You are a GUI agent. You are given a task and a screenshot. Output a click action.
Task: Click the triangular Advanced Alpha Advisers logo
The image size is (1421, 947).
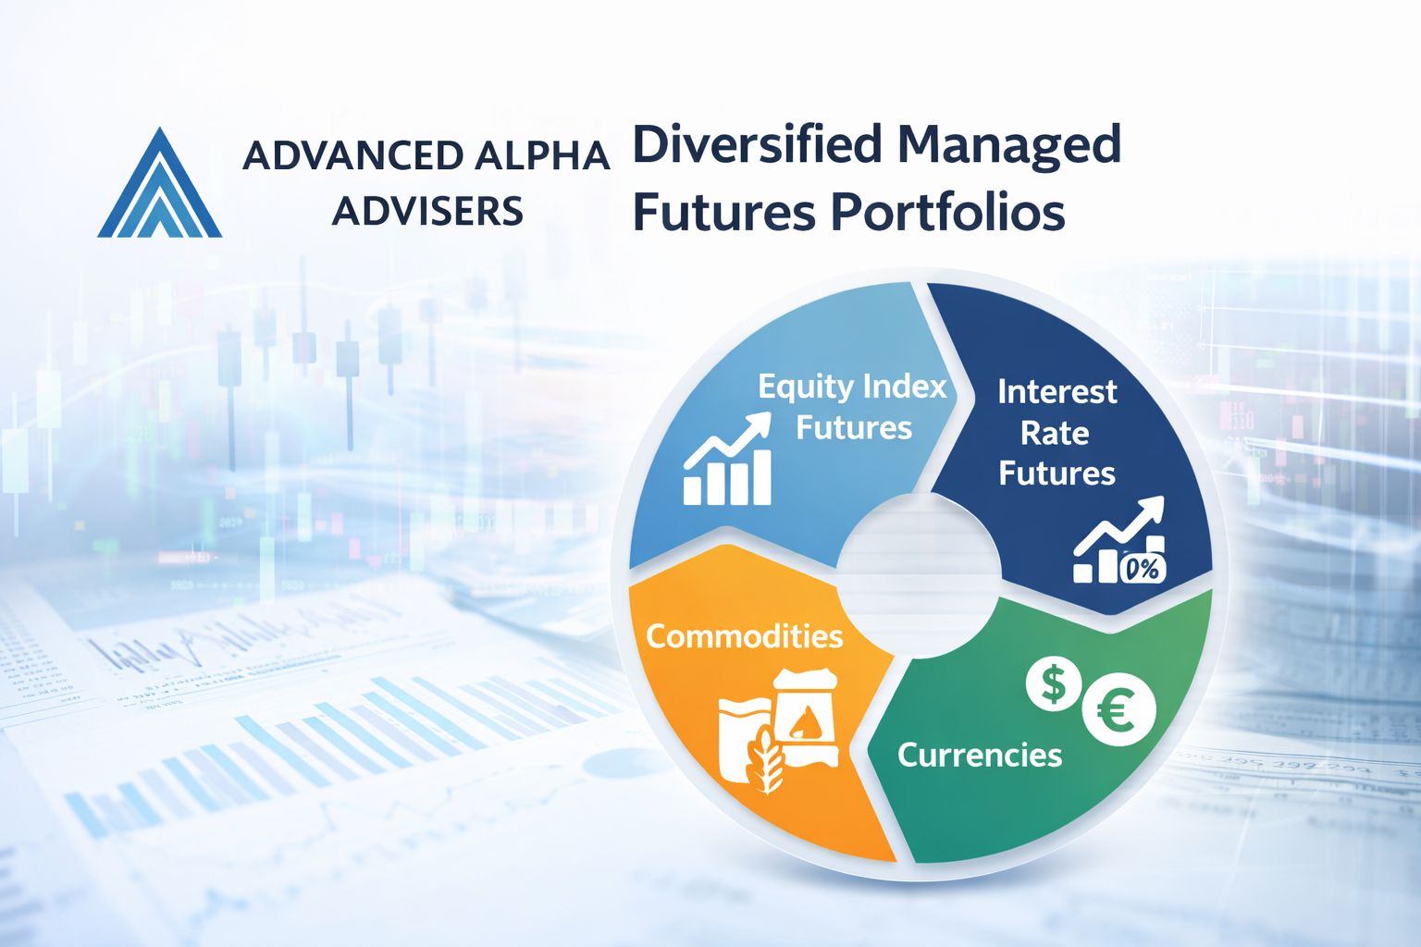click(x=159, y=183)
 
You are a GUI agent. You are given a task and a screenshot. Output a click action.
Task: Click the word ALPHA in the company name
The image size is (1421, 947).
click(x=542, y=156)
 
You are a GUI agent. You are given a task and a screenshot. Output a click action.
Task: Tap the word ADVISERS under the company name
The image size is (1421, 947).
click(x=427, y=211)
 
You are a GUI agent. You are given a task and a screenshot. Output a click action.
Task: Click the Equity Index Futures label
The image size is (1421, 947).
click(x=853, y=407)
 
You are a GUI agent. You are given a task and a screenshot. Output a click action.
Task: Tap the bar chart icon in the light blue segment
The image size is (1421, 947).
click(x=728, y=460)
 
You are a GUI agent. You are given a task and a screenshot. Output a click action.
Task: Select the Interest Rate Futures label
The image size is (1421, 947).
click(x=1056, y=433)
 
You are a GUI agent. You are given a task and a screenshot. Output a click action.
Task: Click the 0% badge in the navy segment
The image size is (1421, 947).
click(x=1143, y=569)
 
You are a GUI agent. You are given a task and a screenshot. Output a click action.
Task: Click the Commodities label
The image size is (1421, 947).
click(x=745, y=636)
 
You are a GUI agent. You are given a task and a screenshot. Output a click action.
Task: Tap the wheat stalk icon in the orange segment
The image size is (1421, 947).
click(x=767, y=760)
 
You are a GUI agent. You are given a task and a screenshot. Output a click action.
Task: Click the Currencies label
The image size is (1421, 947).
click(x=980, y=755)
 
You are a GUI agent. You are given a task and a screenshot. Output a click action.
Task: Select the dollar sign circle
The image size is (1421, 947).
click(x=1054, y=683)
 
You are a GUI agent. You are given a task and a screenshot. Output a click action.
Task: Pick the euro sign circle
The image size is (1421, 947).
click(x=1119, y=709)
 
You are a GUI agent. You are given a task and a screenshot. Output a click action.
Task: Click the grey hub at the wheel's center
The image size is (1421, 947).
click(x=919, y=575)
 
